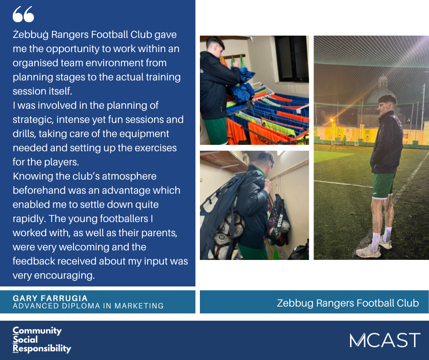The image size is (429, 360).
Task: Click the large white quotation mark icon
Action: (x=23, y=14)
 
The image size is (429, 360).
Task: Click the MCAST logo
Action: (x=384, y=340)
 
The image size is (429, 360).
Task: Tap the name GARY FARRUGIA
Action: (x=50, y=298)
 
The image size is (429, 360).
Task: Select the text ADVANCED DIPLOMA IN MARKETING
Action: (x=88, y=306)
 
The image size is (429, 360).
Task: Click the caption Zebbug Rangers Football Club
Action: (x=348, y=303)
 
